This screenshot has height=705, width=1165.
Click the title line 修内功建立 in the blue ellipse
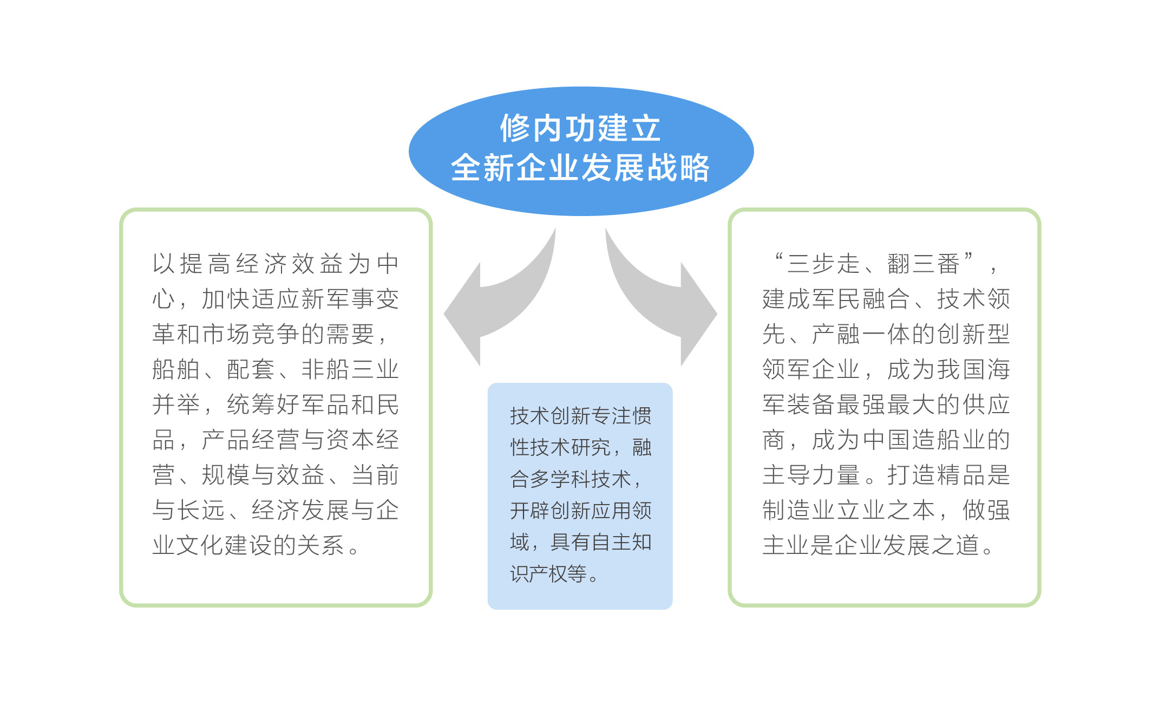(x=580, y=128)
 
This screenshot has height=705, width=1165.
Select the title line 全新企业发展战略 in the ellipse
(x=580, y=167)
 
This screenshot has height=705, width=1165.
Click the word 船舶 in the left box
(x=176, y=369)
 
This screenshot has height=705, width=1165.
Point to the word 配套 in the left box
(x=251, y=369)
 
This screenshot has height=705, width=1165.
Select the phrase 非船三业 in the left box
(x=350, y=369)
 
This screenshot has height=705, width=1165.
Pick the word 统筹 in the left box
(x=251, y=404)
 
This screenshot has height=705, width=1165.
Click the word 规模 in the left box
(x=226, y=475)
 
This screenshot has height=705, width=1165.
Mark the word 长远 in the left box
(x=201, y=510)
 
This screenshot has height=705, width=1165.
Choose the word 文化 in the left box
(x=201, y=545)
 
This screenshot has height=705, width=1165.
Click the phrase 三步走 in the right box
(x=823, y=264)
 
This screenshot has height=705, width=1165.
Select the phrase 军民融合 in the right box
(x=861, y=299)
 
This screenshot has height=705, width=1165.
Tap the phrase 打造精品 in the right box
(x=937, y=475)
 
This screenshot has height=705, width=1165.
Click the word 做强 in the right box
(x=986, y=510)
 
